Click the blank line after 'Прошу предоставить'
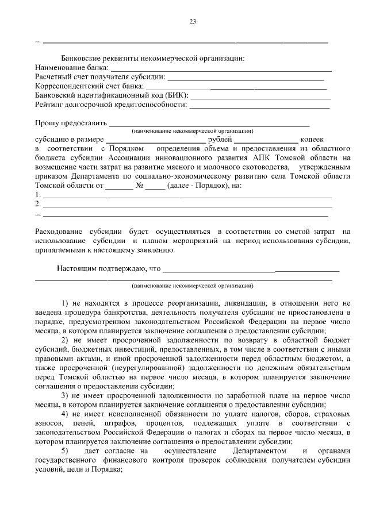tap(209, 123)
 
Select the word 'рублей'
tap(219, 139)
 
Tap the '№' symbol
tap(139, 186)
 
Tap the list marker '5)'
tap(65, 451)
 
